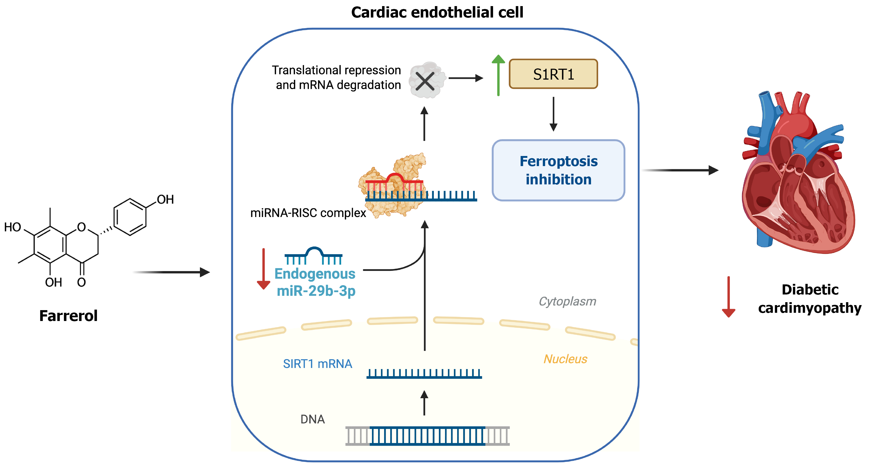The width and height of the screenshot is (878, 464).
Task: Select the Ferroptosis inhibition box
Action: pos(558,170)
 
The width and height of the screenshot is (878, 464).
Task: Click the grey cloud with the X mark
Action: pos(426,80)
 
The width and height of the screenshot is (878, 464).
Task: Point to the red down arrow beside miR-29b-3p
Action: pos(263,269)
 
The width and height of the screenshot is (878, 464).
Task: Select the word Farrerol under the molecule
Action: pos(68,315)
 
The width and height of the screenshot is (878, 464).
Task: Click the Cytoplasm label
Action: pos(567,301)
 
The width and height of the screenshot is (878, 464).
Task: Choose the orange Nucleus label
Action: pos(565,359)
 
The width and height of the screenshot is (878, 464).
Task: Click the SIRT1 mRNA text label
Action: pos(317,364)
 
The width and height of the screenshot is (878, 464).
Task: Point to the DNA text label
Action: pos(312,419)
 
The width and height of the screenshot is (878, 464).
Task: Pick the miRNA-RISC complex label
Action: pos(308,213)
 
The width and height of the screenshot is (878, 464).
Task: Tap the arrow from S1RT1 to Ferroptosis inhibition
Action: pos(554,114)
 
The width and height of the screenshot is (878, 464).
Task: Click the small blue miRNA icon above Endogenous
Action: pos(314,255)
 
